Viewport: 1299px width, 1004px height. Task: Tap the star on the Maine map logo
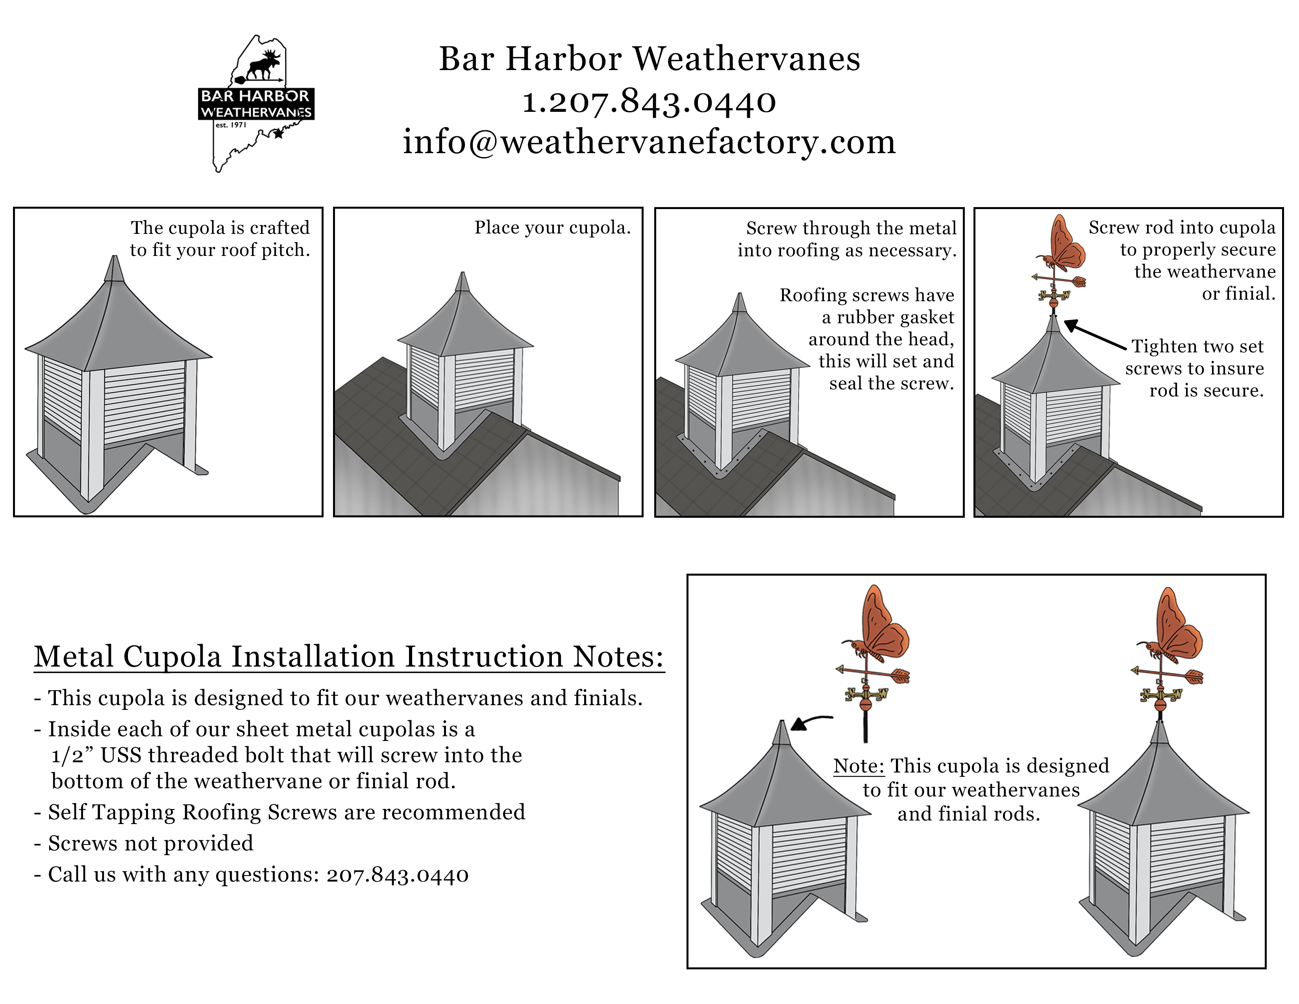pyautogui.click(x=278, y=134)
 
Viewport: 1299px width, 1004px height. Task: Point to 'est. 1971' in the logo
pyautogui.click(x=231, y=125)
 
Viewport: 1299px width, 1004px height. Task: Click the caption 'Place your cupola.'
pyautogui.click(x=552, y=228)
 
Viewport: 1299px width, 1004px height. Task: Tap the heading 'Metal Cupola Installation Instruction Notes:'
pyautogui.click(x=348, y=657)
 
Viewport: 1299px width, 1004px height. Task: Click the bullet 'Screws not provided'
pyautogui.click(x=150, y=843)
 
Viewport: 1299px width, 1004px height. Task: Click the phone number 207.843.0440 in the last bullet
pyautogui.click(x=397, y=875)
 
